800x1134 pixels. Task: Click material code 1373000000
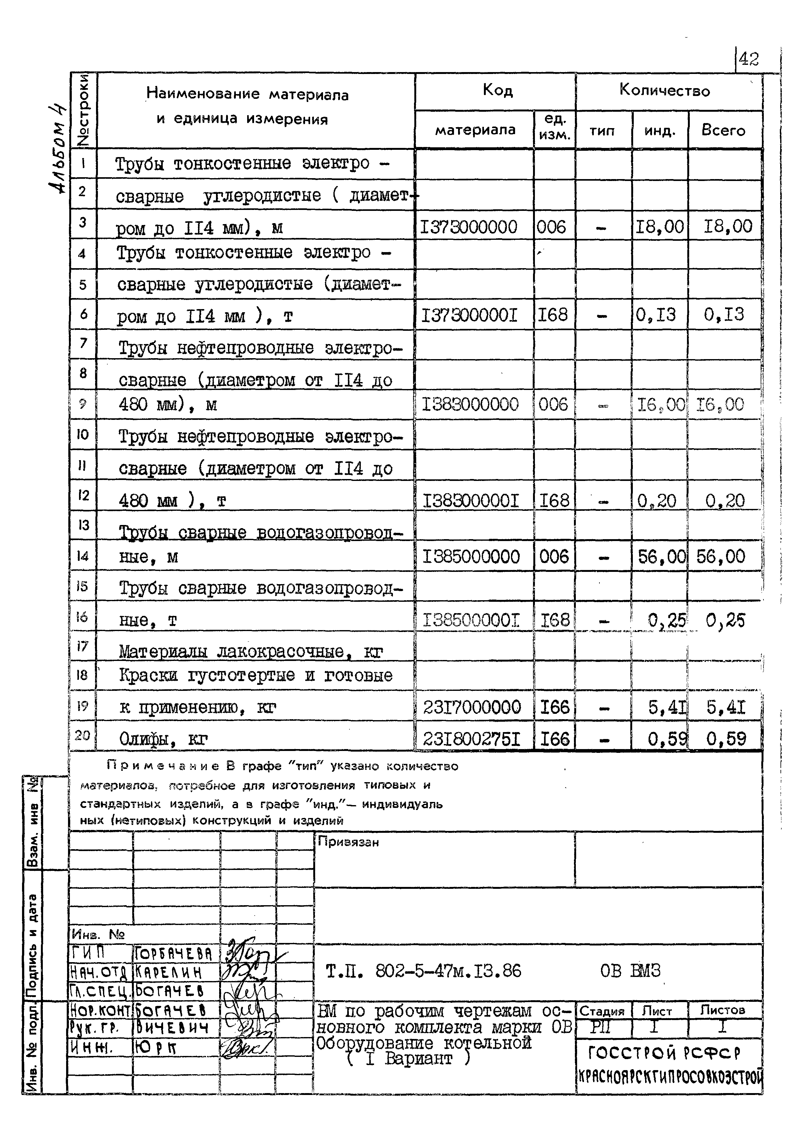pyautogui.click(x=468, y=227)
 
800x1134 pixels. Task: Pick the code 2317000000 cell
pyautogui.click(x=472, y=707)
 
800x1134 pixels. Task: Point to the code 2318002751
pyautogui.click(x=472, y=739)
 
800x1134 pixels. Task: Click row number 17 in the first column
pyautogui.click(x=82, y=646)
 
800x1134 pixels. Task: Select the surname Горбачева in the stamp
pyautogui.click(x=173, y=954)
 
